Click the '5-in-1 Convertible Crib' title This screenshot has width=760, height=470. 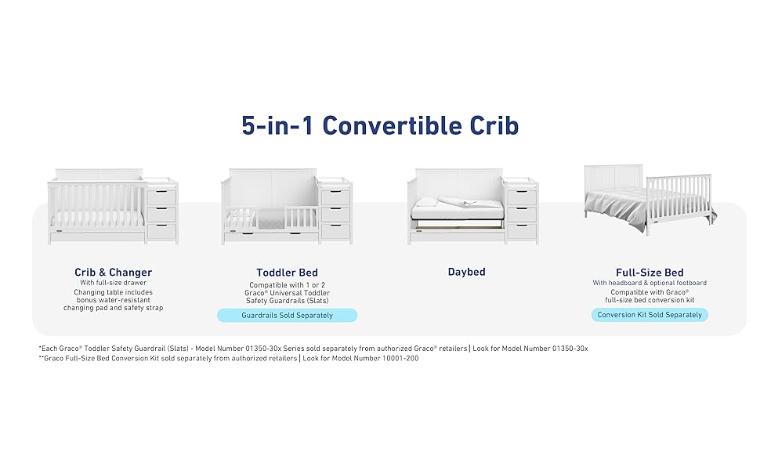pos(380,125)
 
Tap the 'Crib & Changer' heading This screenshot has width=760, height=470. pos(113,273)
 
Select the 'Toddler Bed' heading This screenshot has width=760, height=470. pos(287,273)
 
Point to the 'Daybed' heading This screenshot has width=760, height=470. pos(466,272)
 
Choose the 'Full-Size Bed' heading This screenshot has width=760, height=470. pos(650,273)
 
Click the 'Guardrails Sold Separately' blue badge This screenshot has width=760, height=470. pos(287,316)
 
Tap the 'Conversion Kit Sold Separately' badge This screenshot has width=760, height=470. pos(650,315)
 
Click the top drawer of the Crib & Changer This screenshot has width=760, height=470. pos(161,197)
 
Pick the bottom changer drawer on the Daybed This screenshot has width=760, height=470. pos(522,231)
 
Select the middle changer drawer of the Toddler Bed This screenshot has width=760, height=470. pos(335,214)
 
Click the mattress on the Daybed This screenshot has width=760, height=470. pos(457,211)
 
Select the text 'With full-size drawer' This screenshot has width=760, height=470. pos(113,283)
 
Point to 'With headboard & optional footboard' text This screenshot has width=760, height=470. pos(650,283)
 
